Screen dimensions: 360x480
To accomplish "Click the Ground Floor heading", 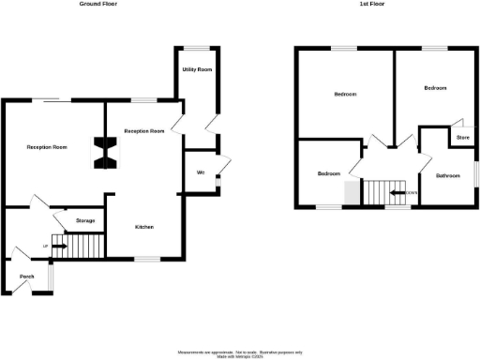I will [x=105, y=5].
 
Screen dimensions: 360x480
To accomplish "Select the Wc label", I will [x=201, y=172].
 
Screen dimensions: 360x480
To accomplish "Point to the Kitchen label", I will [x=144, y=227].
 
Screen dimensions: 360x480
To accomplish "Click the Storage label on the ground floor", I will [x=85, y=220].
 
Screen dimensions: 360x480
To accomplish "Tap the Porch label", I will [x=27, y=277].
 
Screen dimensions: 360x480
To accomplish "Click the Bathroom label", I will [x=446, y=175].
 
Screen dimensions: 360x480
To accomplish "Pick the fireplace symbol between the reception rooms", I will [x=105, y=153].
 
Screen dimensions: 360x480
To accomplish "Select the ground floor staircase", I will [x=79, y=247].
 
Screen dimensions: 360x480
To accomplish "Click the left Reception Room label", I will [x=47, y=147].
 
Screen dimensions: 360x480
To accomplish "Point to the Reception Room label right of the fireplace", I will [x=144, y=131].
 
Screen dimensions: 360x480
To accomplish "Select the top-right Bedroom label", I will [x=434, y=88].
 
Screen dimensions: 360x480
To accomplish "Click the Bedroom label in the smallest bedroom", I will [x=328, y=174].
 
